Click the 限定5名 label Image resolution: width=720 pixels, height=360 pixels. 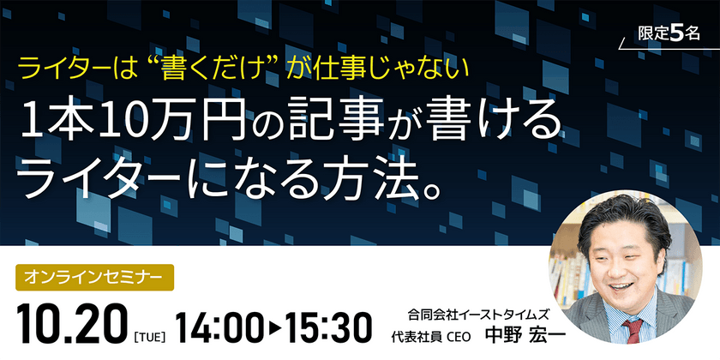point(670,33)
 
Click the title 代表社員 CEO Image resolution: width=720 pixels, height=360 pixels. point(429,334)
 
